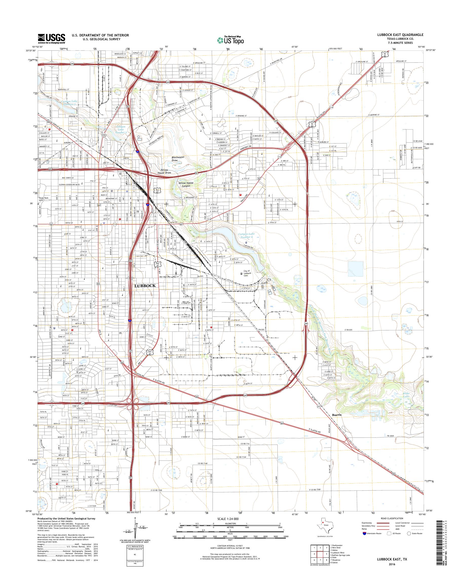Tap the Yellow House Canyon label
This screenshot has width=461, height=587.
point(186,184)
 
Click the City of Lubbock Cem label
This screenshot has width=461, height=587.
point(247,274)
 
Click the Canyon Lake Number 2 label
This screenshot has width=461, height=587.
point(69,102)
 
